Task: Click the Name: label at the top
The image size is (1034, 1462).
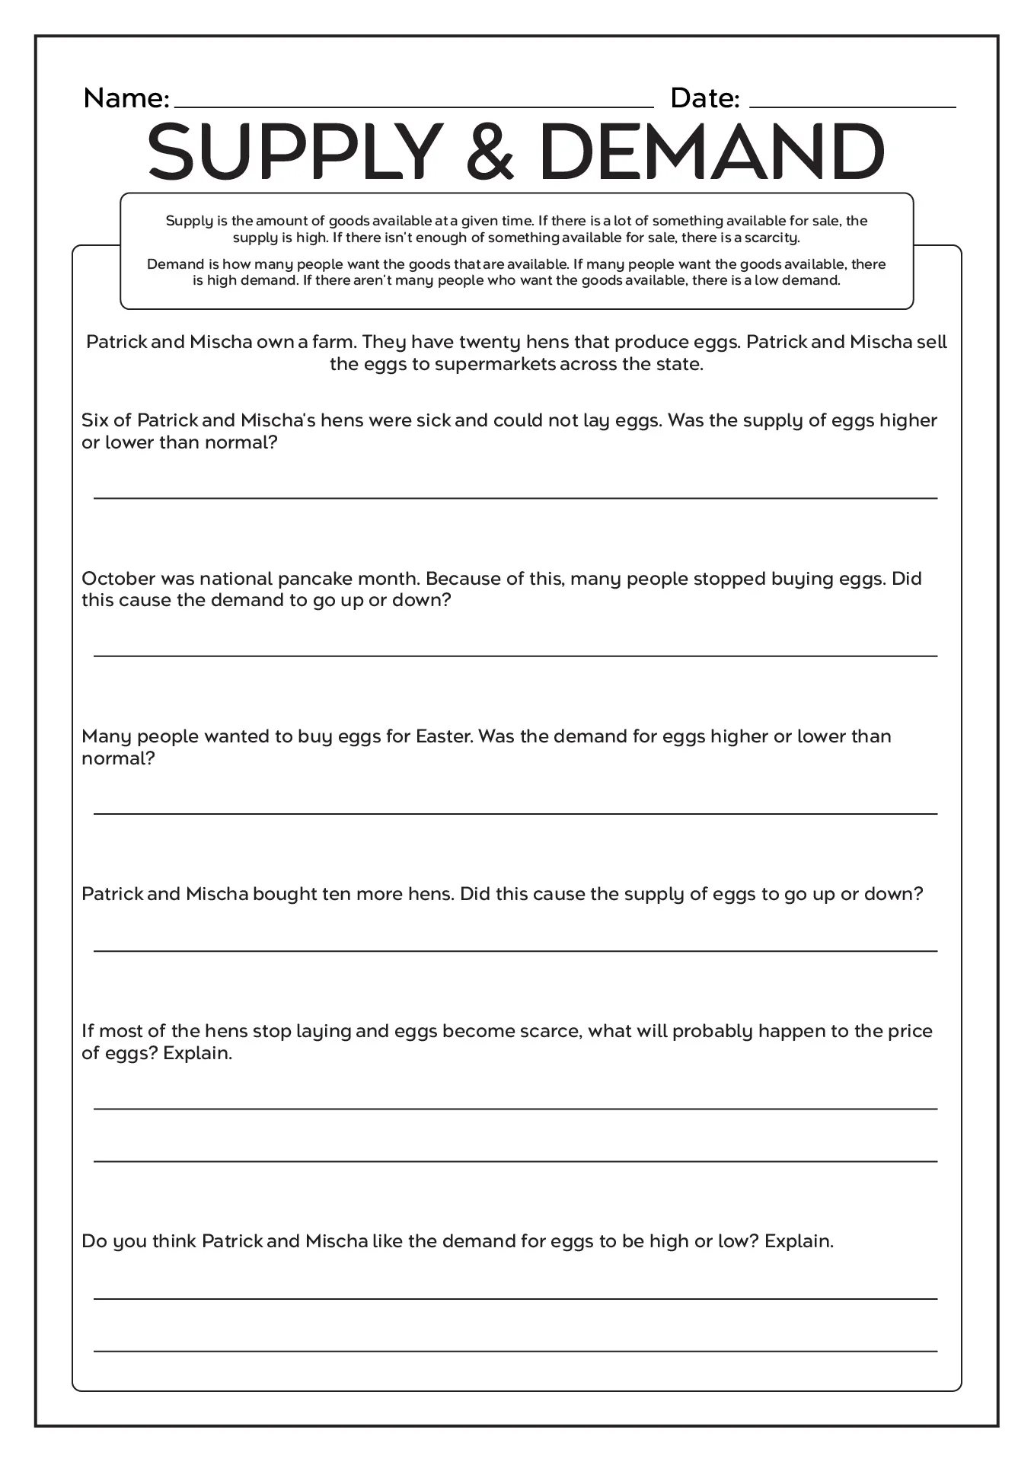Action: (126, 98)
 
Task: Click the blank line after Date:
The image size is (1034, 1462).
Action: (852, 105)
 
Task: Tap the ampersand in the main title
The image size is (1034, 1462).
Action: (490, 152)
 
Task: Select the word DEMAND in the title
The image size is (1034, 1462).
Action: (711, 152)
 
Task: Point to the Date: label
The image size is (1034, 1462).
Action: (704, 98)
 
